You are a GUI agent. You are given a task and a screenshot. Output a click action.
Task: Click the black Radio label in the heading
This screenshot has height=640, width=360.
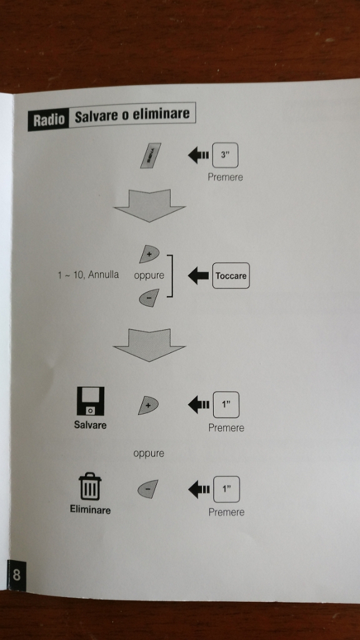click(x=49, y=119)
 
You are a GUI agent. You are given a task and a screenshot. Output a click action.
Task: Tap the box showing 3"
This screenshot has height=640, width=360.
click(x=225, y=155)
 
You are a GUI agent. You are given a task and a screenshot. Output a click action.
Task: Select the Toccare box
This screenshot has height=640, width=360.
click(x=231, y=276)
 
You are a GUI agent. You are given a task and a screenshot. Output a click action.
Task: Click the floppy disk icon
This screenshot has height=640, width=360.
click(x=91, y=401)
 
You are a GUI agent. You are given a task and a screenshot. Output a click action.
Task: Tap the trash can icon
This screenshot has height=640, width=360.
click(x=90, y=486)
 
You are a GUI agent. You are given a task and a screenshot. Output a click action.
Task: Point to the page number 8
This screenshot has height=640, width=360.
click(x=16, y=575)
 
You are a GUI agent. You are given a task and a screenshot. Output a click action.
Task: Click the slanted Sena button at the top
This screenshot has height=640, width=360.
click(x=150, y=156)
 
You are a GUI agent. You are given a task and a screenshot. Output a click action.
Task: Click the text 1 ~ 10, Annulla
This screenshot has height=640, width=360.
click(x=88, y=275)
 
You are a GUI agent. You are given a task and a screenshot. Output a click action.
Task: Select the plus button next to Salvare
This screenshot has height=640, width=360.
click(x=148, y=405)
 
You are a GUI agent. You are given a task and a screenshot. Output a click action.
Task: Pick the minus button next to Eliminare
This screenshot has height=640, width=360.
click(x=147, y=489)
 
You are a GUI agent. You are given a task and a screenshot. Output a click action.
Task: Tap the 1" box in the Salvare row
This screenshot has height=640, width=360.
click(x=226, y=404)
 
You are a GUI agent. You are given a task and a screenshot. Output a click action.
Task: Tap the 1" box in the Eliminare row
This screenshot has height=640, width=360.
click(x=226, y=489)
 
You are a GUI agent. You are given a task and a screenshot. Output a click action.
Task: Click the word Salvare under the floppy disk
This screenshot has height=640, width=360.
click(x=90, y=425)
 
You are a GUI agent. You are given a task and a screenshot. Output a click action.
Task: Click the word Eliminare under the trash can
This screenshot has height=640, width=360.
click(x=90, y=510)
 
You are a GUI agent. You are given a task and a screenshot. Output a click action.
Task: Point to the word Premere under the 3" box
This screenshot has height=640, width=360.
click(x=225, y=177)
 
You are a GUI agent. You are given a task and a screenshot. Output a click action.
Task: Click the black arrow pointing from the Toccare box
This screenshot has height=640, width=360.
click(x=198, y=276)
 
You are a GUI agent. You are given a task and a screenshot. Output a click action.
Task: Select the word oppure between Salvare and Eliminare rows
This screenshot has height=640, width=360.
click(x=149, y=454)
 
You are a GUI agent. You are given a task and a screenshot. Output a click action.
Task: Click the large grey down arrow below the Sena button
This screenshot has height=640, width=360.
click(x=149, y=205)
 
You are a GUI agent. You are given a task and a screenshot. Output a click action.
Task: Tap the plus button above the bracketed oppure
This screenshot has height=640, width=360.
click(x=149, y=254)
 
